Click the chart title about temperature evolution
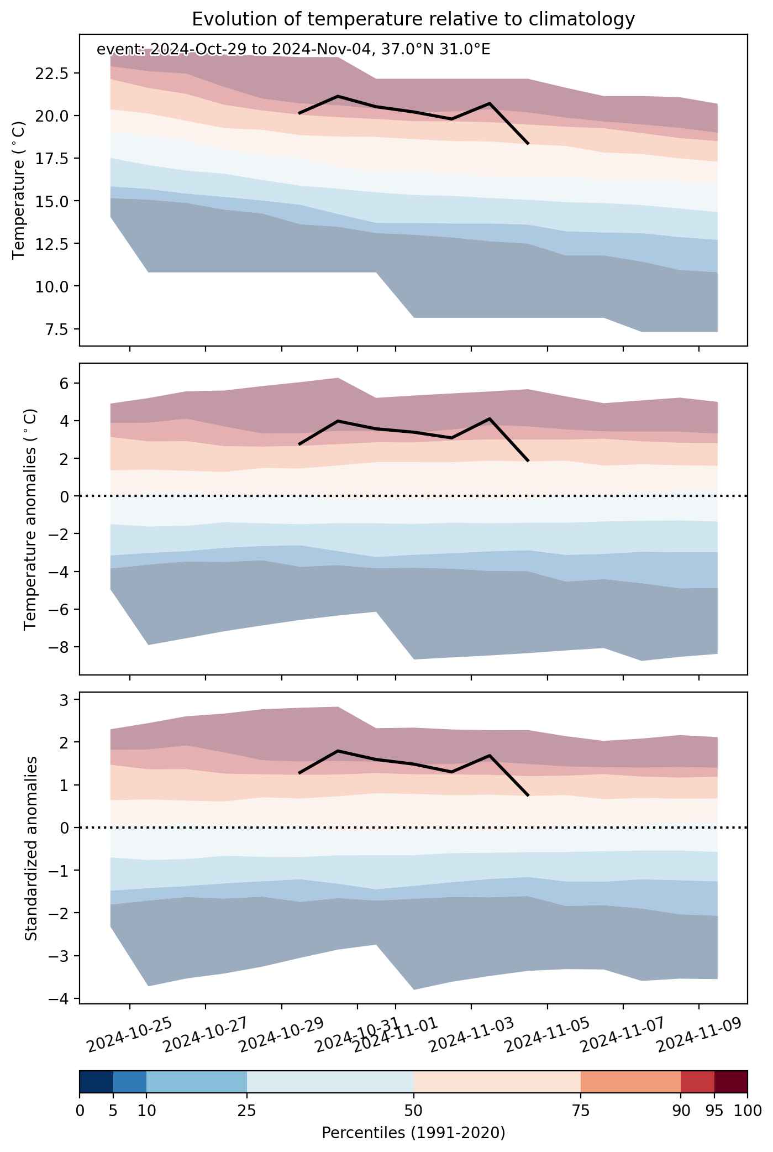point(413,19)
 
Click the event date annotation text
point(293,50)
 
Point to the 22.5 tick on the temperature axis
point(51,74)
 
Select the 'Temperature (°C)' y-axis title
point(19,190)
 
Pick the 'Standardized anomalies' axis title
point(31,847)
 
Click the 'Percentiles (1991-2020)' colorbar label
point(413,1133)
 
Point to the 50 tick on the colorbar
point(413,1110)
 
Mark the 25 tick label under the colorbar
point(246,1110)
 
